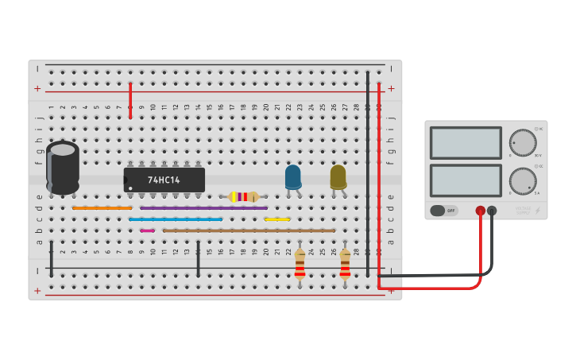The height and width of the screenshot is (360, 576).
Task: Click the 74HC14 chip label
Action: click(164, 180)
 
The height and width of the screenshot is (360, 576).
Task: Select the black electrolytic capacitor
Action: click(63, 168)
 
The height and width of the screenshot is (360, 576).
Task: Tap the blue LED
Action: click(293, 176)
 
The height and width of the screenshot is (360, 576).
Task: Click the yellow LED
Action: click(338, 176)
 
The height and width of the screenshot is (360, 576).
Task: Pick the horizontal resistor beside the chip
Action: click(243, 196)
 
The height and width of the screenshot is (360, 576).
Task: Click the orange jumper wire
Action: click(102, 207)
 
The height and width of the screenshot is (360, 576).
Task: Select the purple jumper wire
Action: click(203, 207)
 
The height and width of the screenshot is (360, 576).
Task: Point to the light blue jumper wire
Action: click(176, 219)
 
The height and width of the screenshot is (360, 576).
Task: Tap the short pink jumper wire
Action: click(147, 230)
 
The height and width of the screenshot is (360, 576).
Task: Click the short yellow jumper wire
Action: click(277, 219)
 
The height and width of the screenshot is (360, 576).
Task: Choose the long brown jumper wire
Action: click(249, 230)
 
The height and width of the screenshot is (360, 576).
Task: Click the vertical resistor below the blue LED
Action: click(300, 264)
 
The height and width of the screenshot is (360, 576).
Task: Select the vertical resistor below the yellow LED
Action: click(345, 264)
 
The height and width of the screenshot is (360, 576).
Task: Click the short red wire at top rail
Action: click(130, 99)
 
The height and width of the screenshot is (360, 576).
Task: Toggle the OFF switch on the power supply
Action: click(444, 211)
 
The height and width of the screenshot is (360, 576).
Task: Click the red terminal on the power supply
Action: click(481, 211)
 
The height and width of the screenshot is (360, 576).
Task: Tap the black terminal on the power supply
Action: click(492, 211)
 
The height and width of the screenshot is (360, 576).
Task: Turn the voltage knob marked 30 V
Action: click(522, 142)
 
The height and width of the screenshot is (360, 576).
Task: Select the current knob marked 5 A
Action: click(522, 180)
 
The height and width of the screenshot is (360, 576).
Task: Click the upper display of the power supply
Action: click(466, 142)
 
